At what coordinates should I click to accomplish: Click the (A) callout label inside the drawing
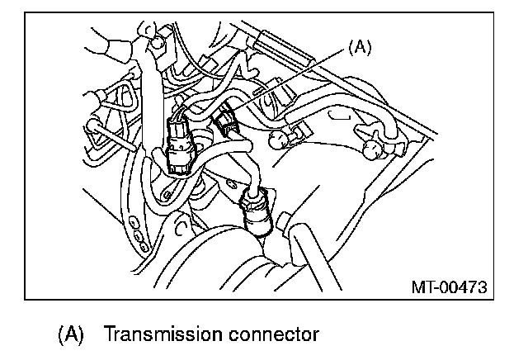point(359,48)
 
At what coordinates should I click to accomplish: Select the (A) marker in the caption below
point(70,336)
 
